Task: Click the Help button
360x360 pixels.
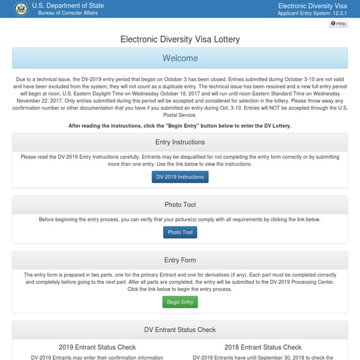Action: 338,23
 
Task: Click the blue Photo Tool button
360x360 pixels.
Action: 180,232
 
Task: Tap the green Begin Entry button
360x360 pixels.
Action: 180,302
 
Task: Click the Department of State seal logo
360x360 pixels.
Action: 20,8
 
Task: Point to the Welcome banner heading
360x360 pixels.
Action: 180,58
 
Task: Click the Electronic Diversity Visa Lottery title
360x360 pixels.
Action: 180,40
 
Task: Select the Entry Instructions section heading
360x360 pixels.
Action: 180,142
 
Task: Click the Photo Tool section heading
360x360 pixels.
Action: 180,205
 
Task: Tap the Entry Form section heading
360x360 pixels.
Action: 180,260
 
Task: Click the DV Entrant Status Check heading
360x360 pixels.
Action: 180,329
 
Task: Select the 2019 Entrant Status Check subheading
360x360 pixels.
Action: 97,347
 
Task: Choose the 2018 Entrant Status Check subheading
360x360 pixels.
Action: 263,347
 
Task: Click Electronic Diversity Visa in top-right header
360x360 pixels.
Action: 316,5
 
